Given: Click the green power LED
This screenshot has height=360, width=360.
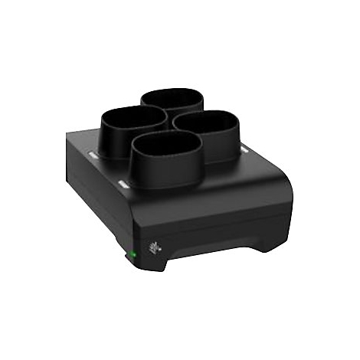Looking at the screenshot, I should pyautogui.click(x=130, y=254).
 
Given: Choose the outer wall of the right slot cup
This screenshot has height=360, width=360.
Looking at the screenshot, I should pyautogui.click(x=222, y=146).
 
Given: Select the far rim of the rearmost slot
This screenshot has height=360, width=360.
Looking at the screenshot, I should pyautogui.click(x=172, y=90).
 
